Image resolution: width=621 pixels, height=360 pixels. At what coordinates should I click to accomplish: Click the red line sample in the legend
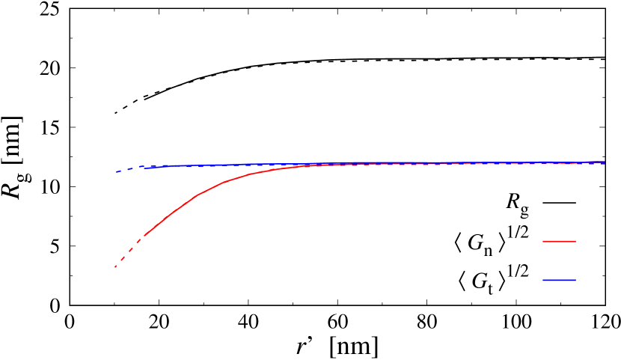pyautogui.click(x=559, y=241)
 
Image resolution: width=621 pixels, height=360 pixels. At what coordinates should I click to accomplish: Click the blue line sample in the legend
pyautogui.click(x=559, y=280)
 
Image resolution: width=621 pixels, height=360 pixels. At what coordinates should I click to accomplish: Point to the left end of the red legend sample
pyautogui.click(x=542, y=241)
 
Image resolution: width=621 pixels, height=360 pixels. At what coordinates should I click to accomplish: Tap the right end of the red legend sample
pyautogui.click(x=575, y=241)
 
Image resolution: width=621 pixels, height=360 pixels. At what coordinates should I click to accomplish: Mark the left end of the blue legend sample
pyautogui.click(x=542, y=280)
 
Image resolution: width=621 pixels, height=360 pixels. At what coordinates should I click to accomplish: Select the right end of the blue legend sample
pyautogui.click(x=575, y=280)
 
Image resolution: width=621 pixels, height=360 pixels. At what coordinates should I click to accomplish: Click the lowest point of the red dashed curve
pyautogui.click(x=115, y=266)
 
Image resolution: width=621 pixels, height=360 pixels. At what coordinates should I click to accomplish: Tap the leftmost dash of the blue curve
pyautogui.click(x=117, y=171)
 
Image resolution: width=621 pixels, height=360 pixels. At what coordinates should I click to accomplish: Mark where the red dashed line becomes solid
pyautogui.click(x=144, y=237)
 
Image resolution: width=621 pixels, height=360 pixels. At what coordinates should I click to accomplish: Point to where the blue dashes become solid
pyautogui.click(x=145, y=168)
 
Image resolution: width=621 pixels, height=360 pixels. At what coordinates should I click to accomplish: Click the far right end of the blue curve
pyautogui.click(x=605, y=162)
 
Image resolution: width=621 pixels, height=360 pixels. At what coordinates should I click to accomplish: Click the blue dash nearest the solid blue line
pyautogui.click(x=140, y=167)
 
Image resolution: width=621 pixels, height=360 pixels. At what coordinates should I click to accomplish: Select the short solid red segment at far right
pyautogui.click(x=591, y=162)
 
